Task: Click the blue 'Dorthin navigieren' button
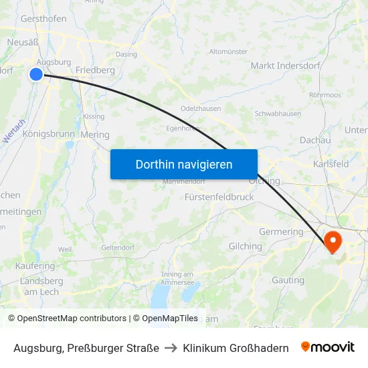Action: [x=184, y=164]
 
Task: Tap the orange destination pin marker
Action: [x=333, y=241]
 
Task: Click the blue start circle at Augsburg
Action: [x=36, y=74]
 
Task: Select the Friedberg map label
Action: [x=95, y=70]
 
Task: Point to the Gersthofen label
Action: [x=43, y=19]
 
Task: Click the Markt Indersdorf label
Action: [x=285, y=66]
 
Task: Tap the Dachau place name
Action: [x=315, y=140]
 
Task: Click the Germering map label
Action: [x=282, y=232]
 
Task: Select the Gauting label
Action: [x=288, y=280]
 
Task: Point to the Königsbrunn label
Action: [x=49, y=134]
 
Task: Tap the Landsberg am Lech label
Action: [x=41, y=286]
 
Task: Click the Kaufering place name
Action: [x=35, y=266]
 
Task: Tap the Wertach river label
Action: [x=13, y=130]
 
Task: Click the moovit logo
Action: [x=328, y=347]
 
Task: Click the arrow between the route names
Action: [x=171, y=348]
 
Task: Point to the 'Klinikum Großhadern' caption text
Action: [x=236, y=348]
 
